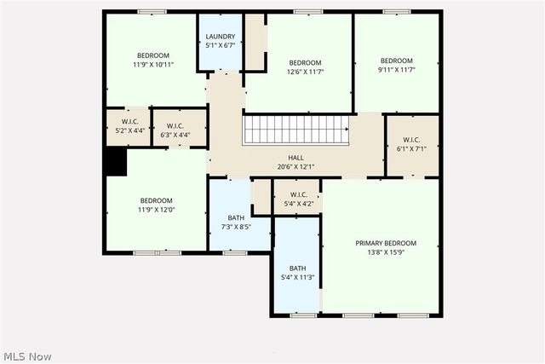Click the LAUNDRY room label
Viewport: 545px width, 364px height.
(x=221, y=37)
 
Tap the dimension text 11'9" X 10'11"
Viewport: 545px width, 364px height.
(x=154, y=64)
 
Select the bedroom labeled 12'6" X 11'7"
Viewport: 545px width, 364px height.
(x=305, y=68)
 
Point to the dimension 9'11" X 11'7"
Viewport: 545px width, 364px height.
(x=396, y=71)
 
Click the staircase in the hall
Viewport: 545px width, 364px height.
(x=295, y=130)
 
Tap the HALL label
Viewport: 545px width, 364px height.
(x=295, y=158)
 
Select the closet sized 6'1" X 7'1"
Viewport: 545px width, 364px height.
(x=413, y=145)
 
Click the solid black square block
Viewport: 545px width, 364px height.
(x=114, y=161)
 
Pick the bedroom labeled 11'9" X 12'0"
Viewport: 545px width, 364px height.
(x=156, y=205)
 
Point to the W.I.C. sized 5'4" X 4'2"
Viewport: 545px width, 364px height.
(x=296, y=199)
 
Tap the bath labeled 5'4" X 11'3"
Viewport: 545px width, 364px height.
(x=297, y=272)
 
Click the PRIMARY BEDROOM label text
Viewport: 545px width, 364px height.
(x=386, y=243)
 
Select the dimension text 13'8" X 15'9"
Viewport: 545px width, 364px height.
(x=386, y=253)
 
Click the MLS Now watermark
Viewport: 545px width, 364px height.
(x=28, y=355)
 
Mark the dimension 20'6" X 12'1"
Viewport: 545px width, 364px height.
(x=295, y=167)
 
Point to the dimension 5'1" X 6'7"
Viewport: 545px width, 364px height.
(x=221, y=47)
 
